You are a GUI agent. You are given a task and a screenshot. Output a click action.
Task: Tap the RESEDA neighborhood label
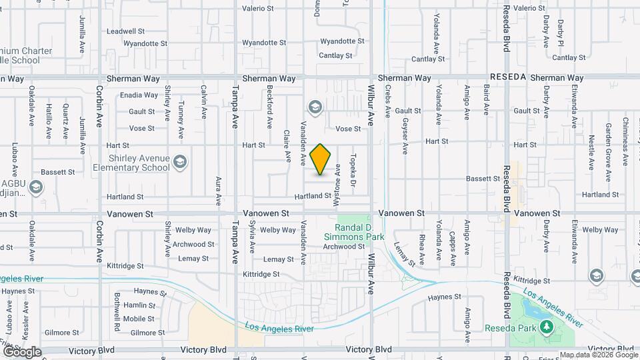point(507,78)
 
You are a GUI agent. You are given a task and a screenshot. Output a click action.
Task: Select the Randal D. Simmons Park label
point(354,232)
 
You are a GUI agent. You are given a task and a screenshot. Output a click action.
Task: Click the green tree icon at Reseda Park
point(547,326)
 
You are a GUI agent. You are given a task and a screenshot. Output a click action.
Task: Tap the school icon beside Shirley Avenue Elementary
point(180,162)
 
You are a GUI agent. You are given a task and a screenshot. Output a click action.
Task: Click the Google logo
point(21,351)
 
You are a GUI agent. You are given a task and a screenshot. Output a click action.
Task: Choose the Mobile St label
point(139,319)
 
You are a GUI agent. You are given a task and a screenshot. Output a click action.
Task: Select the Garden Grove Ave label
point(608,161)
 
